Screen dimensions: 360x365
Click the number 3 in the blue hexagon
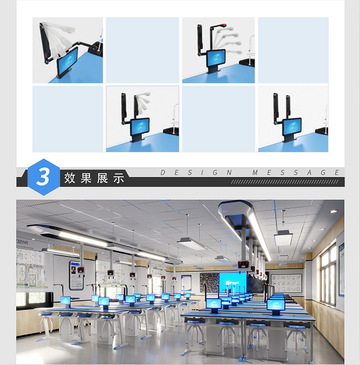43,177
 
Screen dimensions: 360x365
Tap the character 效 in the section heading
69,178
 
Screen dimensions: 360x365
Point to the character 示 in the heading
119,178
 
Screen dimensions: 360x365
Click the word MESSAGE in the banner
296,172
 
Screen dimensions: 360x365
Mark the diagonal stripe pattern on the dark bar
285,182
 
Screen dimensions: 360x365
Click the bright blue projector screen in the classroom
233,283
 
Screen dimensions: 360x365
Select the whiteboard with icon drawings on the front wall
286,283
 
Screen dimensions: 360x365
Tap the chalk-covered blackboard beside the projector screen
210,283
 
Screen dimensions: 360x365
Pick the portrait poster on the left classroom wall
76,276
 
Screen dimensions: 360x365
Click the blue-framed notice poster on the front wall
186,283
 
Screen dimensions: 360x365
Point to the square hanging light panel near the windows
283,238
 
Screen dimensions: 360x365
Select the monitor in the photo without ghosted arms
292,127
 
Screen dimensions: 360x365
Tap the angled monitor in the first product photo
67,61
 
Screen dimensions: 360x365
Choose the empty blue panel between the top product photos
143,50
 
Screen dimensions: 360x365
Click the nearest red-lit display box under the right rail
244,266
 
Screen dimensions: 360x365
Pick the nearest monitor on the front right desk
276,305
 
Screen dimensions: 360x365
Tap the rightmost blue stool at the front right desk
297,327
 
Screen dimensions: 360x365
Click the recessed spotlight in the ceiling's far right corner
333,211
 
